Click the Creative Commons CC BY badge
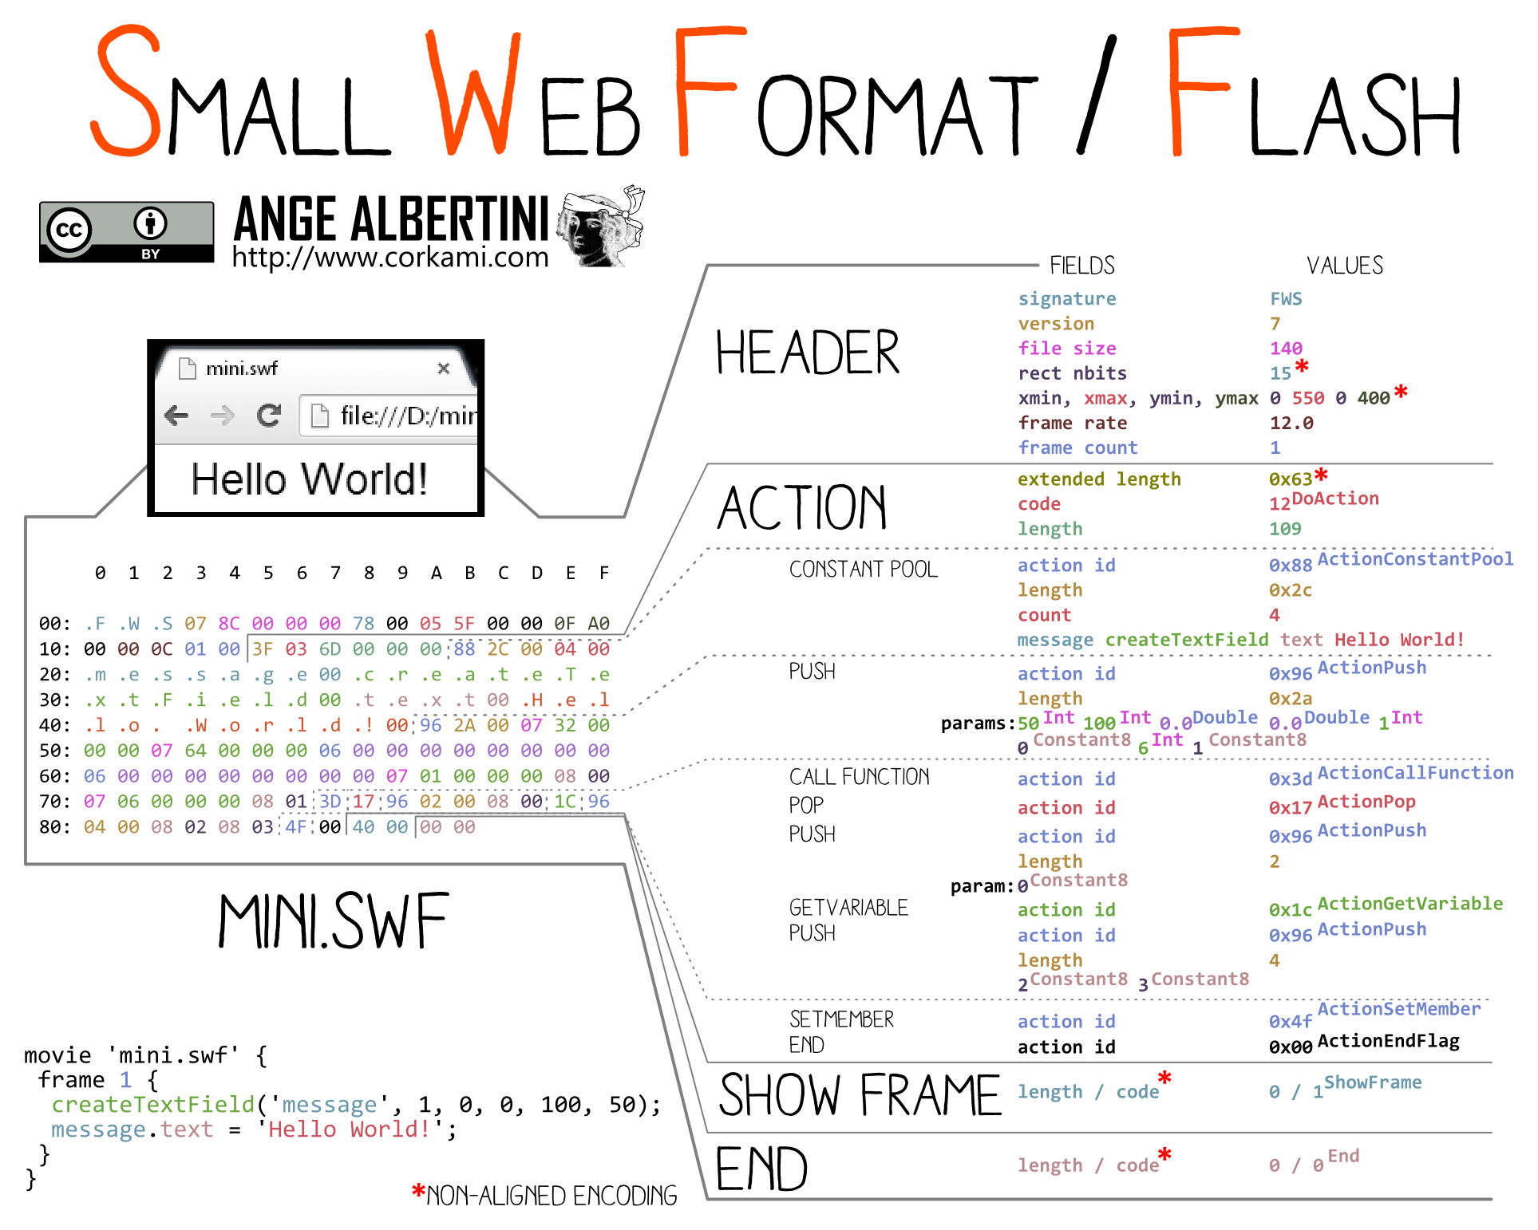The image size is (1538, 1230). point(126,232)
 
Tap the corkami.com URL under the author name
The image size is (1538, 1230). point(390,257)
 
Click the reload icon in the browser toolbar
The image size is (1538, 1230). point(269,415)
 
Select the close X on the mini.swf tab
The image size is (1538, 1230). point(444,368)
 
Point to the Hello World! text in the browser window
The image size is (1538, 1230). point(310,479)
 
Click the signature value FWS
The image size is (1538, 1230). point(1286,299)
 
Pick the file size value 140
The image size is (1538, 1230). point(1286,349)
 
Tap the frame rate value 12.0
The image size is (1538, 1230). point(1291,423)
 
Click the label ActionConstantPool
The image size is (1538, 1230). point(1415,559)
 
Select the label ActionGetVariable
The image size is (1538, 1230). point(1410,904)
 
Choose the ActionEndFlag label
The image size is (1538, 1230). point(1388,1041)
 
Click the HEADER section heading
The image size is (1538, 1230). point(807,353)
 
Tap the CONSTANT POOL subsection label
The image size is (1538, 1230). point(863,570)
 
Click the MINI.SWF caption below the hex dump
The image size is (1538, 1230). point(334,921)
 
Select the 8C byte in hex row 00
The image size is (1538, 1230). point(229,624)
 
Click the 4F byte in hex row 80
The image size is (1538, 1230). point(296,827)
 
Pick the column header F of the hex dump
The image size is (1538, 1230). point(604,573)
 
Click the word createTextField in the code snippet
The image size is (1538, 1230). point(152,1105)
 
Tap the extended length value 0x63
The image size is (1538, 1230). point(1291,479)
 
